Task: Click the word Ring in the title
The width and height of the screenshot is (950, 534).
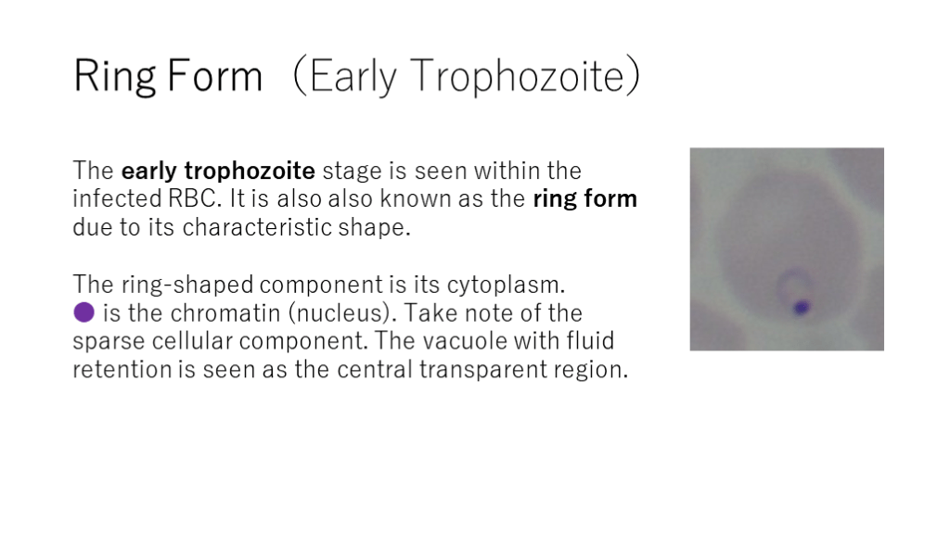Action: click(114, 76)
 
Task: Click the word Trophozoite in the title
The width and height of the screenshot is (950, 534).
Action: click(517, 76)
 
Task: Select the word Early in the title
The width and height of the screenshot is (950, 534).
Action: click(353, 76)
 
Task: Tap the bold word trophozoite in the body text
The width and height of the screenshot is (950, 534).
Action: click(250, 171)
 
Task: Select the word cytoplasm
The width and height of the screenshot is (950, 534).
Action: click(506, 285)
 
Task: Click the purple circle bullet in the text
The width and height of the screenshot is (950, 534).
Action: click(83, 312)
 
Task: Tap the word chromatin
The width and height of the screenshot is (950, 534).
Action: click(225, 313)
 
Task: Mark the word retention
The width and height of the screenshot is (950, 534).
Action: click(122, 369)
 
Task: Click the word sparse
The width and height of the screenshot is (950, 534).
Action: click(109, 342)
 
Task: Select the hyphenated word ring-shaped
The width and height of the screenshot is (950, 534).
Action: click(187, 285)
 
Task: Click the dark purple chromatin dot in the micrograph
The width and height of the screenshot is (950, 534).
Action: click(802, 308)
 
